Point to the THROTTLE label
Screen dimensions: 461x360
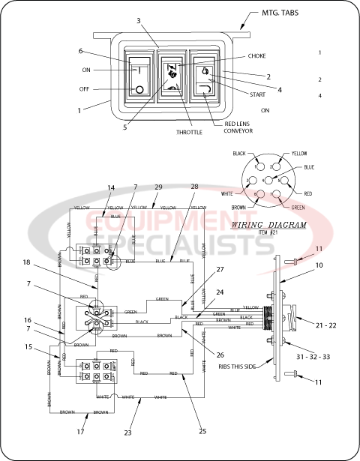189,131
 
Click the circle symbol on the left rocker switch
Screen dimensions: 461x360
139,91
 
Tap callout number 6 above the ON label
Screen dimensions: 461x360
81,51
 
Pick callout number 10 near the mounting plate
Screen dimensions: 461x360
319,265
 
